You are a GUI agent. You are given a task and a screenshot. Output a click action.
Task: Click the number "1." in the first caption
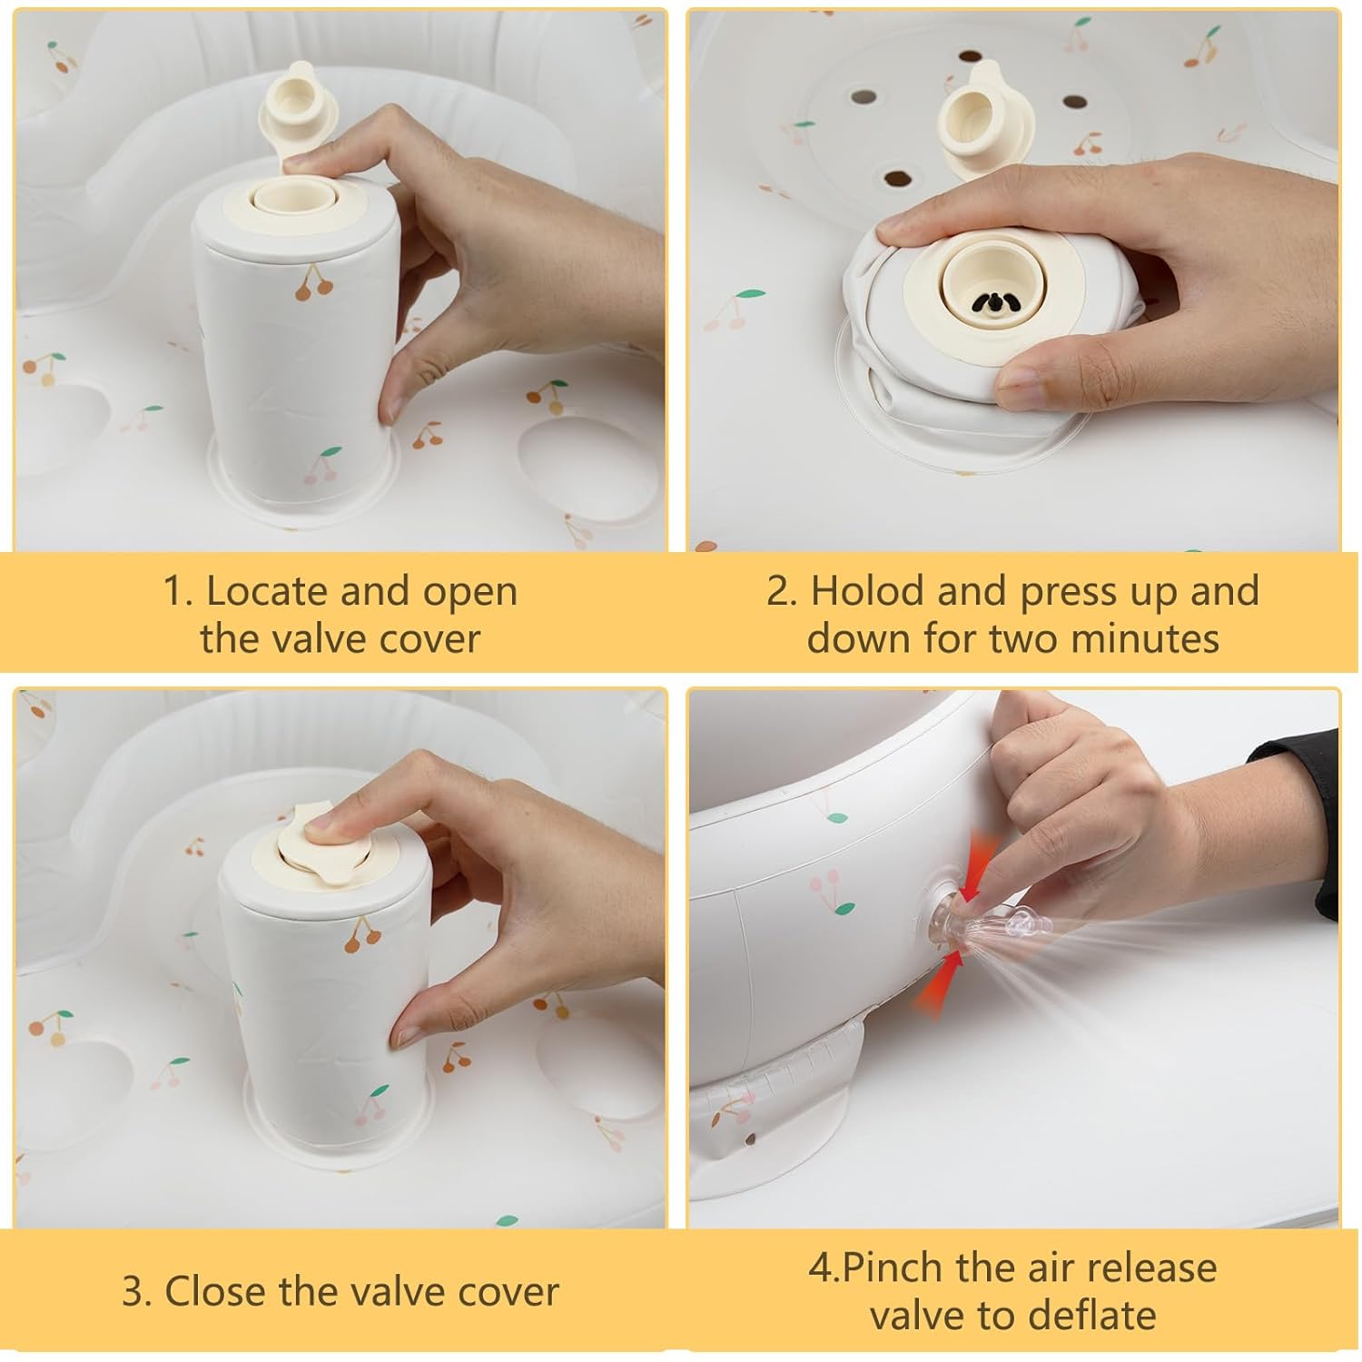click(178, 591)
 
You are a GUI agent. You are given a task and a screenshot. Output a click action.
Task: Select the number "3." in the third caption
click(137, 1292)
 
